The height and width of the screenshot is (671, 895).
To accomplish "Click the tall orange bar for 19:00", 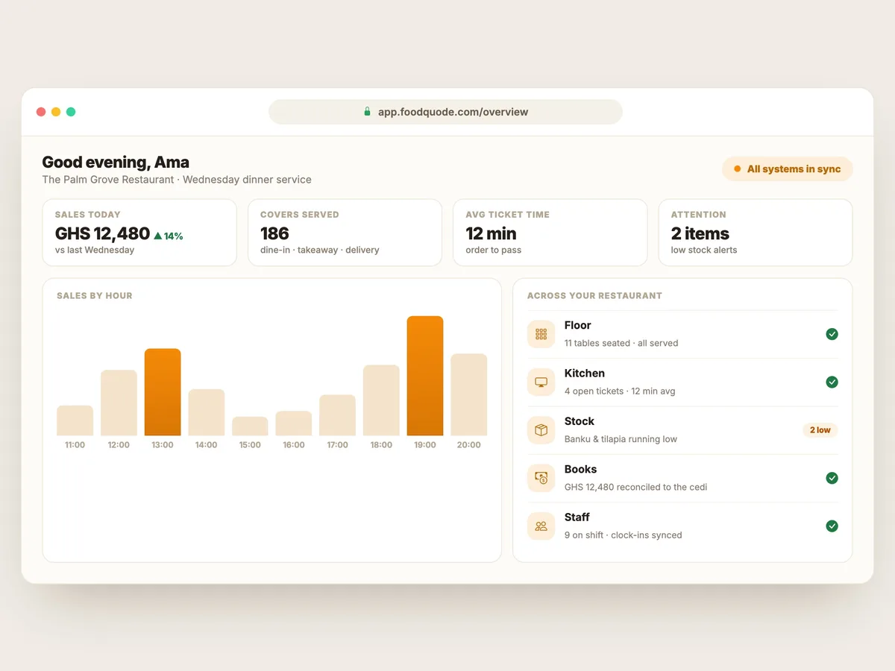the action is pyautogui.click(x=425, y=376).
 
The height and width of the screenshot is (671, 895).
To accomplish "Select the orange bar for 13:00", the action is pyautogui.click(x=163, y=392).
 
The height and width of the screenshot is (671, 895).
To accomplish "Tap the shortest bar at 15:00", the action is pyautogui.click(x=250, y=426).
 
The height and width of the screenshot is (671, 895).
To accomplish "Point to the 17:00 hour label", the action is pyautogui.click(x=337, y=444).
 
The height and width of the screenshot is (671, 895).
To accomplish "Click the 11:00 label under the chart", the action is pyautogui.click(x=75, y=444).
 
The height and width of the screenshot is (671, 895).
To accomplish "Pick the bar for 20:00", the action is pyautogui.click(x=468, y=394).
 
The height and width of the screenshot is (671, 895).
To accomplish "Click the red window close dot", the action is pyautogui.click(x=41, y=112).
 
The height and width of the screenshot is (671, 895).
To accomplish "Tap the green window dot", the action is pyautogui.click(x=71, y=112).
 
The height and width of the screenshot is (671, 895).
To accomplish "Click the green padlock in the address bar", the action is pyautogui.click(x=367, y=111).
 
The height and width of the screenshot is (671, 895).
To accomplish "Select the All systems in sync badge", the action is pyautogui.click(x=787, y=168).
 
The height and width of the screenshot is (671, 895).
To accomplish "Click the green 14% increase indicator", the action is pyautogui.click(x=168, y=236).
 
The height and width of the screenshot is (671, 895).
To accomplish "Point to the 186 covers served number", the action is pyautogui.click(x=274, y=233).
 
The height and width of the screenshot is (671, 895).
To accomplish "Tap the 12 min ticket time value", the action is pyautogui.click(x=491, y=233).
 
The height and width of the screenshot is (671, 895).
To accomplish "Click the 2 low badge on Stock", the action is pyautogui.click(x=820, y=430).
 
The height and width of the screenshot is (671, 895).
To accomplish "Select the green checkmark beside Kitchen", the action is pyautogui.click(x=832, y=382).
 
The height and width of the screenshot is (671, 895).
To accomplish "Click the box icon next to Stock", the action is pyautogui.click(x=541, y=430).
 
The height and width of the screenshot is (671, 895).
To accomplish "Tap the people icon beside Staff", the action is pyautogui.click(x=541, y=526).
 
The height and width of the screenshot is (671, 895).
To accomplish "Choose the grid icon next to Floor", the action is pyautogui.click(x=541, y=334).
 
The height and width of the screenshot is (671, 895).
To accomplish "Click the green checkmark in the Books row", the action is pyautogui.click(x=832, y=478).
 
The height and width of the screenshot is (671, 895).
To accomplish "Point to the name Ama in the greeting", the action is pyautogui.click(x=172, y=162).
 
